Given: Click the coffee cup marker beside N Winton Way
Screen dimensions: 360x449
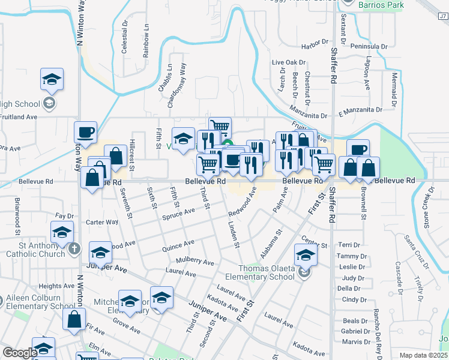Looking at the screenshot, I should [x=85, y=132].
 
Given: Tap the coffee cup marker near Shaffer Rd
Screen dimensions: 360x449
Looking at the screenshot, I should [x=357, y=149].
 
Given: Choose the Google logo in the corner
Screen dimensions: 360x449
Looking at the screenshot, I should [x=20, y=353].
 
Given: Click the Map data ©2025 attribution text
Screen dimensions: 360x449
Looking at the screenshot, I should [x=424, y=355].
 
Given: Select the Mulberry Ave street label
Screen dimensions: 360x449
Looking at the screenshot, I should [x=195, y=262].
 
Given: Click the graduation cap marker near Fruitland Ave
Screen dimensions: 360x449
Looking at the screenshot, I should [x=52, y=80].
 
